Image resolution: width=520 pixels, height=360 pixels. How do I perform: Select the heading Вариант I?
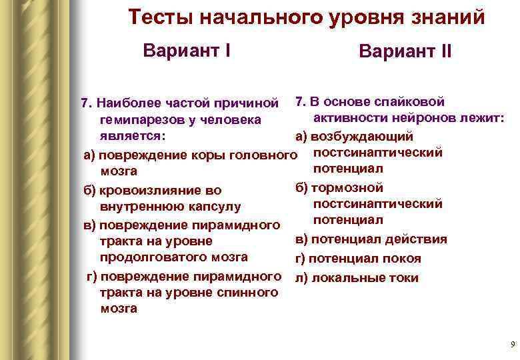187,50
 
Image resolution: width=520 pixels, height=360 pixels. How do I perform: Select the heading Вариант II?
405,51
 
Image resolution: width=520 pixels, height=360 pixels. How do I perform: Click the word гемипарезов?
139,120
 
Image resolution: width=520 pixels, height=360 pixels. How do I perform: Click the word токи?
405,277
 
